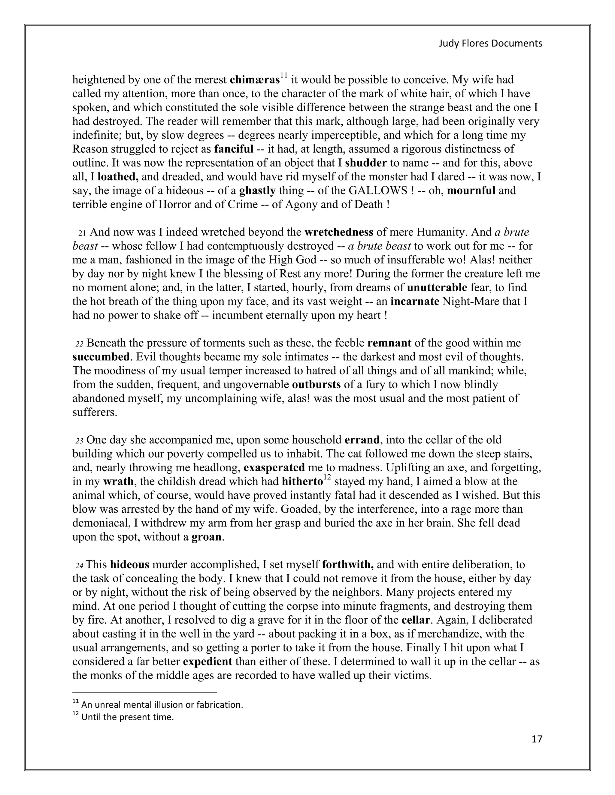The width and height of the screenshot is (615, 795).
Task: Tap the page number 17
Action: click(x=537, y=739)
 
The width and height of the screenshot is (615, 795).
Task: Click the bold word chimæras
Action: click(x=255, y=80)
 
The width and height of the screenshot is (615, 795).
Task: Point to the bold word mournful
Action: click(x=471, y=190)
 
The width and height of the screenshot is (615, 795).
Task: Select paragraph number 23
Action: click(x=79, y=441)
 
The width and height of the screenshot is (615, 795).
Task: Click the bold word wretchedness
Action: click(x=338, y=232)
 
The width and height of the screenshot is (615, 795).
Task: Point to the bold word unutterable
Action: click(x=437, y=288)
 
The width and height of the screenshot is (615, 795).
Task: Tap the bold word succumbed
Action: click(x=101, y=357)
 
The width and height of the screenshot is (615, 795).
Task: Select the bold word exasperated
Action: click(x=274, y=467)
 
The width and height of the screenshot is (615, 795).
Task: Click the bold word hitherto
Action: click(x=302, y=481)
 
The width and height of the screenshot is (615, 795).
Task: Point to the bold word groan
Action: click(x=207, y=537)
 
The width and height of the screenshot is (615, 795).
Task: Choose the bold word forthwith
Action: click(x=348, y=565)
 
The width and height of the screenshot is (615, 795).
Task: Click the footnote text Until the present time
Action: click(x=128, y=717)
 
